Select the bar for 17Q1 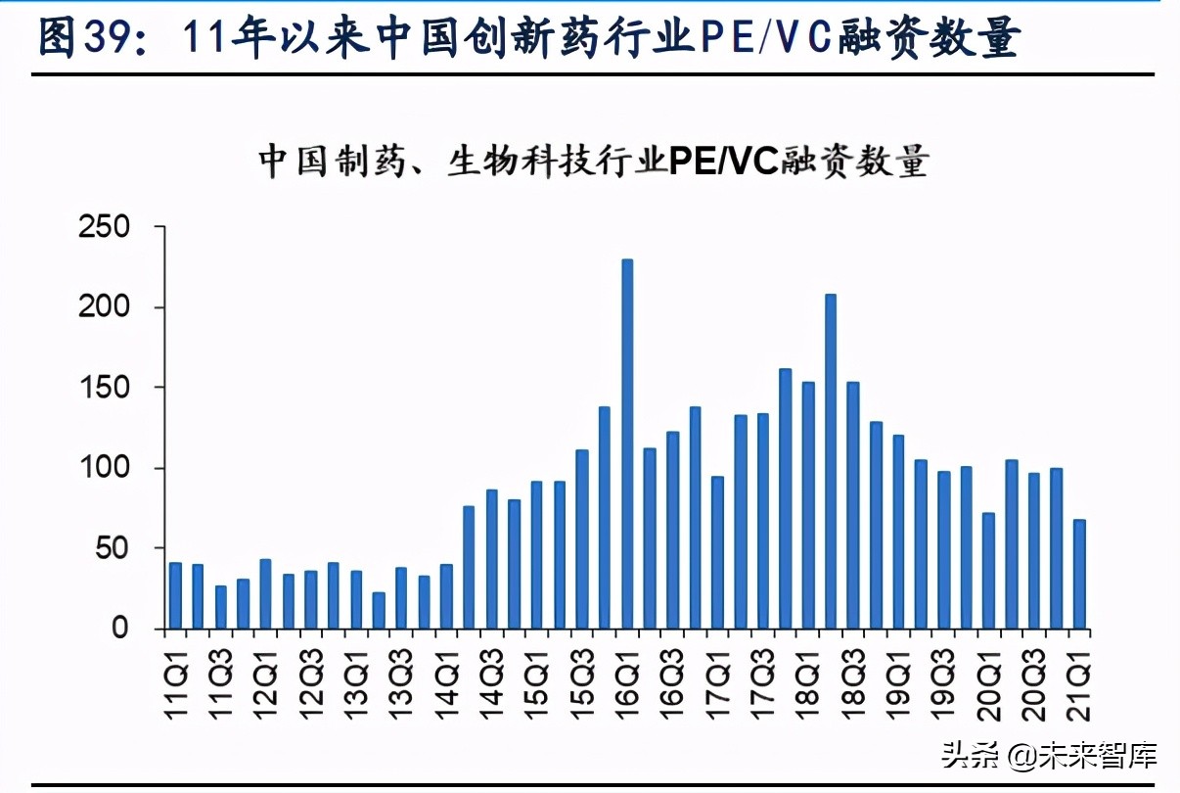(x=718, y=552)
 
